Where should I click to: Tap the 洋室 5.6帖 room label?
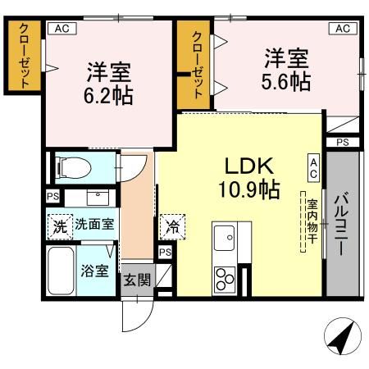(286, 71)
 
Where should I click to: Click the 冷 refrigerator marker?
(172, 223)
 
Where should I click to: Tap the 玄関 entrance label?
(137, 279)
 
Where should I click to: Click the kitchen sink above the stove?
(225, 239)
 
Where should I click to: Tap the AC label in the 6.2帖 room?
(59, 28)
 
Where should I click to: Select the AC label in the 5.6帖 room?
(344, 28)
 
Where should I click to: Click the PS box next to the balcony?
(342, 143)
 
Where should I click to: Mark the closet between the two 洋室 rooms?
(198, 63)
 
